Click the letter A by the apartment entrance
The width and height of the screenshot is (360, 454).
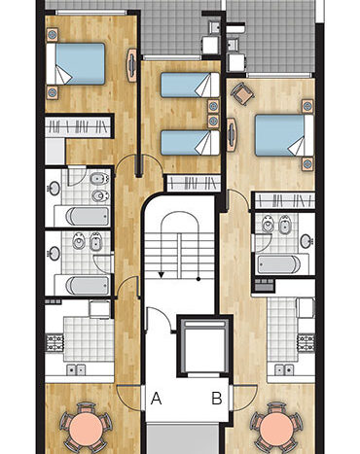click(157, 398)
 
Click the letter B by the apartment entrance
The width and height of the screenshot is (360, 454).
click(217, 398)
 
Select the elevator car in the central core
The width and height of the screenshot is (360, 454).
click(204, 346)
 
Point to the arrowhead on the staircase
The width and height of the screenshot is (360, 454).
click(162, 275)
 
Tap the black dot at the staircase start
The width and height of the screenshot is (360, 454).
click(198, 279)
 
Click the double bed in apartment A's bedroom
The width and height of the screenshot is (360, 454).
click(76, 64)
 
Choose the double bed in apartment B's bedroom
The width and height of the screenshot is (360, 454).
click(284, 135)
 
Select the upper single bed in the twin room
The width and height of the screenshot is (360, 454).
click(190, 85)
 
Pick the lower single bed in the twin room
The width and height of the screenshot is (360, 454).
click(190, 143)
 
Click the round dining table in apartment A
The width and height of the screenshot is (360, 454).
click(86, 427)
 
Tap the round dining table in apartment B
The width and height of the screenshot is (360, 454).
click(276, 428)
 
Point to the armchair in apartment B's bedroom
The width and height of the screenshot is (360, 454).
click(242, 93)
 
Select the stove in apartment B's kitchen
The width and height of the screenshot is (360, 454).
click(306, 342)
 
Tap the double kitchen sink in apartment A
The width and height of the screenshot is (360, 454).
click(76, 369)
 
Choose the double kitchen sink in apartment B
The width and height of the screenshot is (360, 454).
click(284, 369)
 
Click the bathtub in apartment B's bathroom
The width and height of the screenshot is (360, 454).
click(279, 264)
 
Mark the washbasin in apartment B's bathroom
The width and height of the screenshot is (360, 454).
click(306, 241)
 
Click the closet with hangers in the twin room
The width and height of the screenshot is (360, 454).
click(194, 183)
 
